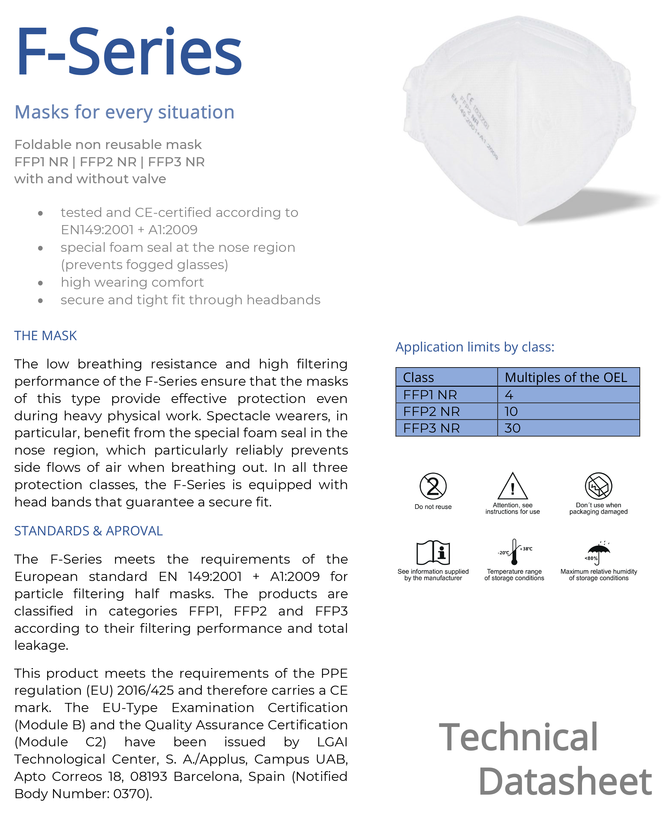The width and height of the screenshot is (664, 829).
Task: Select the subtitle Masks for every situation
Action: [x=124, y=112]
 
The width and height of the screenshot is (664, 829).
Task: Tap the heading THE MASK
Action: [x=45, y=336]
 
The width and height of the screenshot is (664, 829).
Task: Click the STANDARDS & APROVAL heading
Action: [x=88, y=531]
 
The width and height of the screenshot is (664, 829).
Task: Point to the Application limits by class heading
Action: [x=475, y=347]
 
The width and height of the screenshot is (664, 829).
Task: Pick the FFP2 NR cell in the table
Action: [x=431, y=412]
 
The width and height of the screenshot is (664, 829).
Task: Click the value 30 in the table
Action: [x=512, y=428]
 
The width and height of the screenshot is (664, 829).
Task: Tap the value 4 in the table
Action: [x=509, y=395]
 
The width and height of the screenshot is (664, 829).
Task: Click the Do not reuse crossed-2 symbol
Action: [x=433, y=486]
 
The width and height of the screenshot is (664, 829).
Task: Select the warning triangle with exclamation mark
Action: [x=512, y=486]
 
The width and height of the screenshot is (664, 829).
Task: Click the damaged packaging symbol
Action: [x=598, y=486]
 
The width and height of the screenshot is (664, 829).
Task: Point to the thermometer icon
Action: [x=514, y=551]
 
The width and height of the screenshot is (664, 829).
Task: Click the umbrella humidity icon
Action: [x=599, y=552]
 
